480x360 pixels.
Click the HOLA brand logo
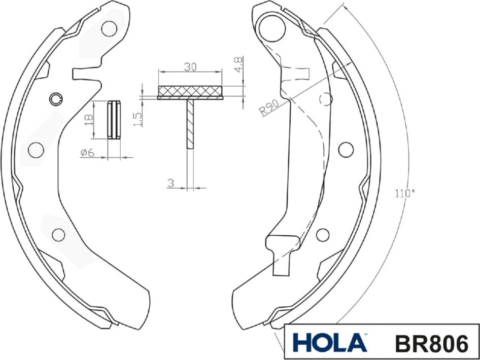329,343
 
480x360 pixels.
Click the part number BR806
431,343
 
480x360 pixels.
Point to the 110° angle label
405,193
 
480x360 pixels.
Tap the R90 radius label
268,107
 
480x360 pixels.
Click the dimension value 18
88,120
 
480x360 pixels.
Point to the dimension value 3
171,184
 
